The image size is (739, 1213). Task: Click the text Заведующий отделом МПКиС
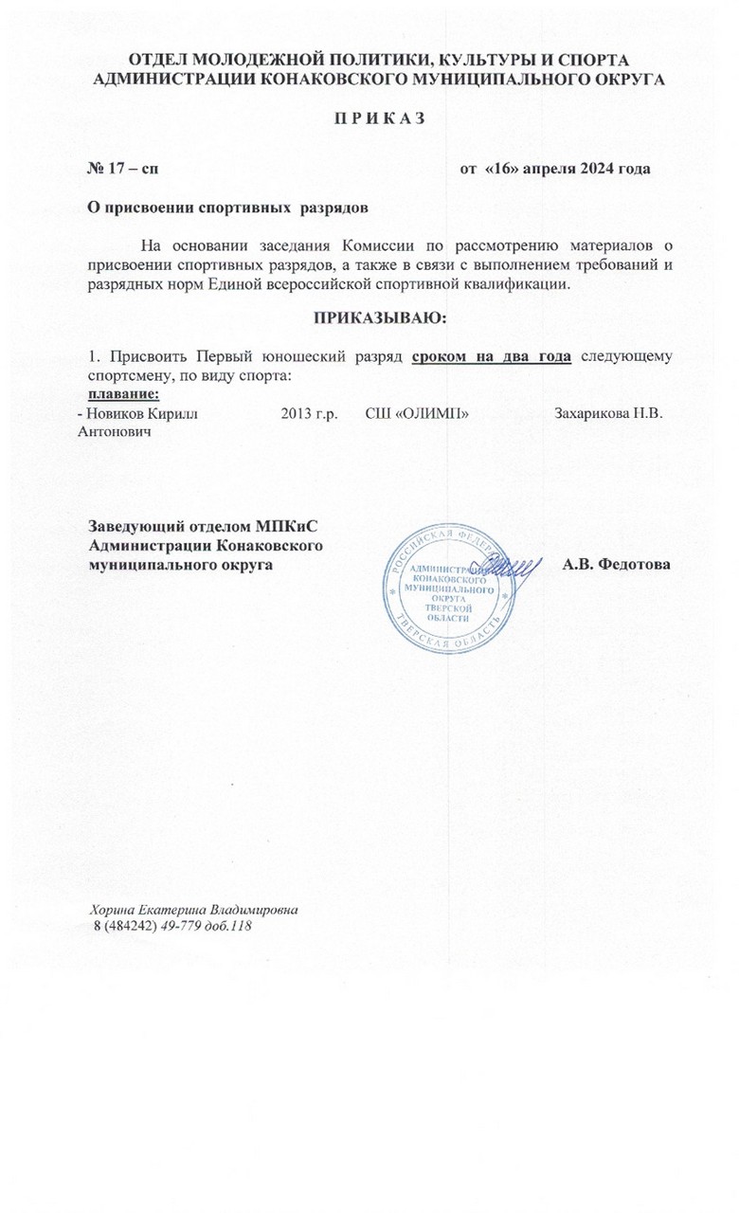coord(209,528)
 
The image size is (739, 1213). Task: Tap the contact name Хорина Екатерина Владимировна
coord(194,909)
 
